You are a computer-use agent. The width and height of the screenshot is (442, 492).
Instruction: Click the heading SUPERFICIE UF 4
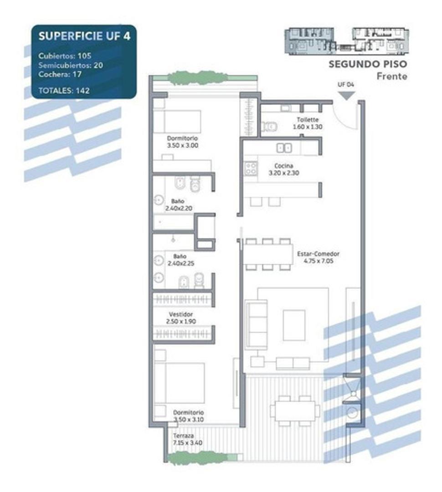coord(84,36)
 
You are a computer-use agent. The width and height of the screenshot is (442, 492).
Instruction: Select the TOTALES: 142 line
coord(64,91)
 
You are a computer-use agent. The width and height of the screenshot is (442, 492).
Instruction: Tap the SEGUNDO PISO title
coord(368,65)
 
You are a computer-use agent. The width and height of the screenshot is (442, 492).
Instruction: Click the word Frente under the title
coord(391,76)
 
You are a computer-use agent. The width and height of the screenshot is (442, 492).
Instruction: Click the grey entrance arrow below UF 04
coord(346,96)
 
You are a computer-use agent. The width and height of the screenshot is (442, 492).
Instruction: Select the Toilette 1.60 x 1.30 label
coord(307,123)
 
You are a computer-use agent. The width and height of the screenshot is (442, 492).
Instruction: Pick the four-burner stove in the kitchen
coord(251,169)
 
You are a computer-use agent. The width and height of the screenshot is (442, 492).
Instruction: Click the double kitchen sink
coord(285,148)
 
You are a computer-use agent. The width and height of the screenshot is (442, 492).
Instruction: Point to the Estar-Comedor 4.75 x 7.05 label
coord(318,258)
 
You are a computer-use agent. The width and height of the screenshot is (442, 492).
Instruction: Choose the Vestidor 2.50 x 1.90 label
coord(181,318)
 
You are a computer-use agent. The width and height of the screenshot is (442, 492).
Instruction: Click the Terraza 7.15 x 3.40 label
coord(183,439)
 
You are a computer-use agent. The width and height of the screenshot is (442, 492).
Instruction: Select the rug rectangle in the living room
coord(294,325)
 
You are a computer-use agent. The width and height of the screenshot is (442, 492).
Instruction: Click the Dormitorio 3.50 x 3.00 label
coord(182,142)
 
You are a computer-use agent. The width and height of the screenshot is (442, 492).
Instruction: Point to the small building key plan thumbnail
coord(346,41)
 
